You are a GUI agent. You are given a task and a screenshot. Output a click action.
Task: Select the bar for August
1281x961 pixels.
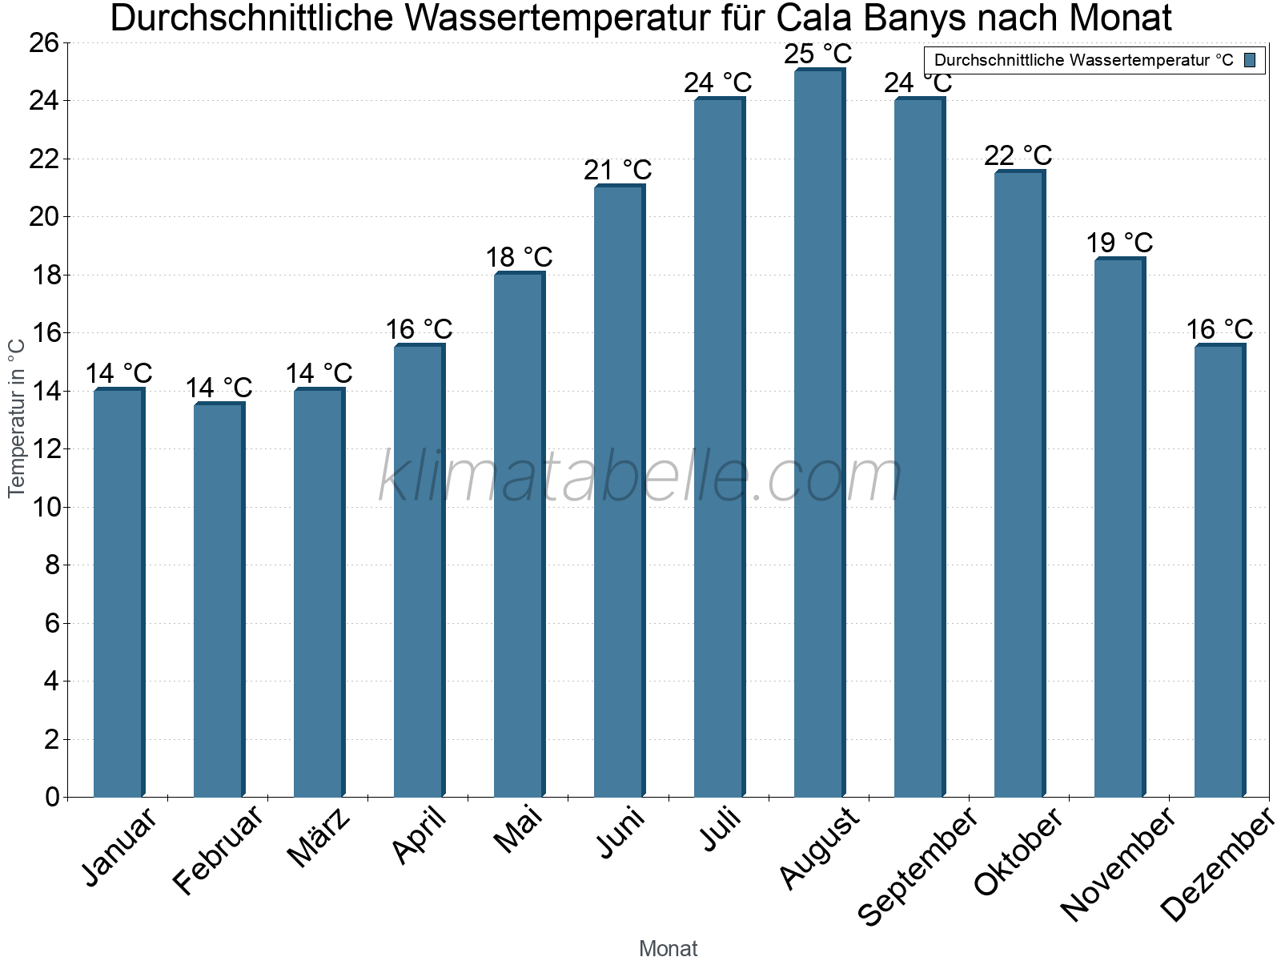pyautogui.click(x=819, y=432)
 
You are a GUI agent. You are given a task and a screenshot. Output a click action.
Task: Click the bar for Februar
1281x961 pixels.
pyautogui.click(x=219, y=601)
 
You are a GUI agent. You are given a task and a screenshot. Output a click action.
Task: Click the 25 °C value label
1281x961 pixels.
pyautogui.click(x=818, y=54)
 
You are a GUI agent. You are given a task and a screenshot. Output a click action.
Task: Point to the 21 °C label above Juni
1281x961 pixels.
pyautogui.click(x=618, y=170)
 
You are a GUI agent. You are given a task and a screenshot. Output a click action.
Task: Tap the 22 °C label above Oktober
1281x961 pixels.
pyautogui.click(x=1018, y=155)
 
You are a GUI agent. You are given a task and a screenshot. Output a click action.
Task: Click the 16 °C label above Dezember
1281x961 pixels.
pyautogui.click(x=1219, y=329)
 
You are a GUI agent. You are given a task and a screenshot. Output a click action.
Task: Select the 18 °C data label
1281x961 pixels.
pyautogui.click(x=519, y=257)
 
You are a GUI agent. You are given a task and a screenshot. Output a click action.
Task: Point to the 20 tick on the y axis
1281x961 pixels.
pyautogui.click(x=44, y=217)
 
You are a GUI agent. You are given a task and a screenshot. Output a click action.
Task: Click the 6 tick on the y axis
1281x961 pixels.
pyautogui.click(x=52, y=623)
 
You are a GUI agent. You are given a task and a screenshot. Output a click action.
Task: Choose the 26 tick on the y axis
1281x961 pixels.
pyautogui.click(x=44, y=43)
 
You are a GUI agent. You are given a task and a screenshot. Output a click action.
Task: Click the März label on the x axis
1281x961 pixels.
pyautogui.click(x=319, y=838)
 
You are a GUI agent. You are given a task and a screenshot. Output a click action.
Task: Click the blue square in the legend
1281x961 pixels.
pyautogui.click(x=1251, y=60)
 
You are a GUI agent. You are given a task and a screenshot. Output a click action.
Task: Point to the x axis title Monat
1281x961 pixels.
pyautogui.click(x=668, y=948)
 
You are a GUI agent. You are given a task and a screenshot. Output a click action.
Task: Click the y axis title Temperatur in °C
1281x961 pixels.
pyautogui.click(x=17, y=417)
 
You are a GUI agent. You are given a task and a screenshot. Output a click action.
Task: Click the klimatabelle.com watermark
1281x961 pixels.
pyautogui.click(x=640, y=477)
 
